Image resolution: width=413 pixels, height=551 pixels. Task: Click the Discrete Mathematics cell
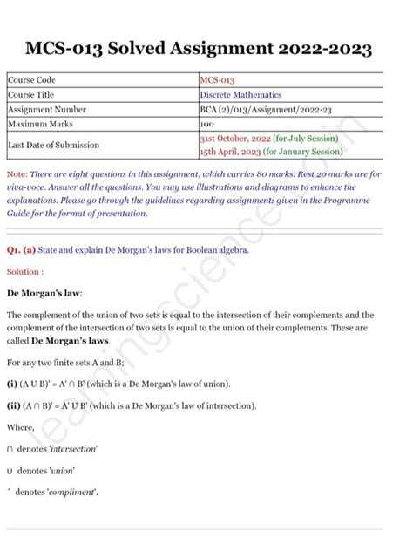[240, 95]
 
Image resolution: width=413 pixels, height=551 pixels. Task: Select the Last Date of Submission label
[53, 144]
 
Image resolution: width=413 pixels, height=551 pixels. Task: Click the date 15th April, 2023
[232, 151]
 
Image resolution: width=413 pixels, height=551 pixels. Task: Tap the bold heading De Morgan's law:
[44, 293]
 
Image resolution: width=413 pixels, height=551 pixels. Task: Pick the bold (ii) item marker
[14, 405]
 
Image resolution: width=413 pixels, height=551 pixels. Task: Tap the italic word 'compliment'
[73, 493]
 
